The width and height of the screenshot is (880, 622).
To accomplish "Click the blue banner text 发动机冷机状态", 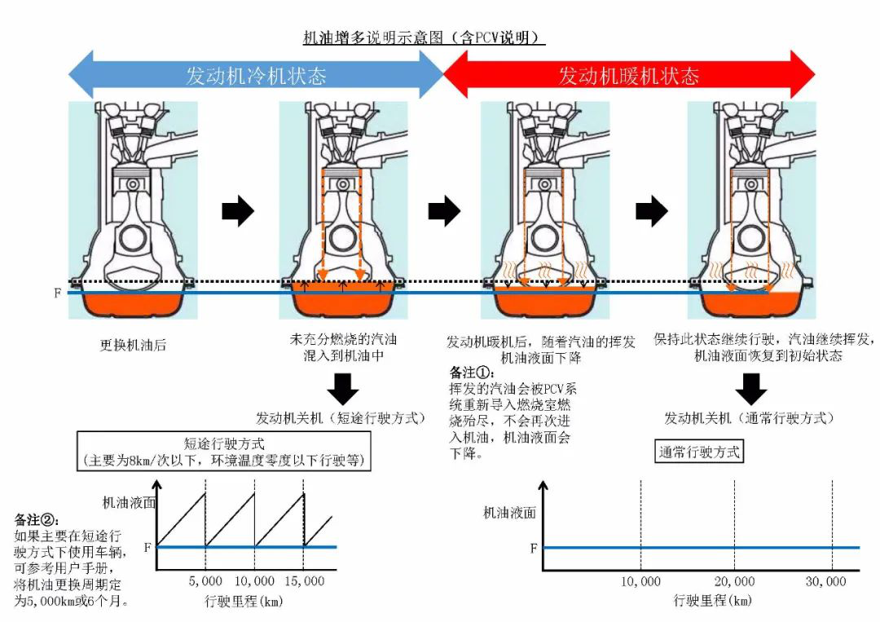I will coord(256,76).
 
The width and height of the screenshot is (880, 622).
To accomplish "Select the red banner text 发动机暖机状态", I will coord(628,76).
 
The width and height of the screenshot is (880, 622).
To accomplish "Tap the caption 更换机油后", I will coord(133,345).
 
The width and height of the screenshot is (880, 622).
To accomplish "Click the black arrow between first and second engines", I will coord(238,212).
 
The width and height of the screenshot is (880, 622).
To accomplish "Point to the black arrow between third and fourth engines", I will coord(651,212).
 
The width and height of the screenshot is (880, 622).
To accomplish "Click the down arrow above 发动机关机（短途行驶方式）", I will coord(342,389).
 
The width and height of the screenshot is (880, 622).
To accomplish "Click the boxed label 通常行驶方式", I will coord(699,451).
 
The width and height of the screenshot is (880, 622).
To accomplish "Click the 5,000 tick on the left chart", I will coord(205,581).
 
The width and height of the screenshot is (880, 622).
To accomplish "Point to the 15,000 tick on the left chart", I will coord(302,581).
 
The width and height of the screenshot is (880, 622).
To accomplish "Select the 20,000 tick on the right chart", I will coord(734,581).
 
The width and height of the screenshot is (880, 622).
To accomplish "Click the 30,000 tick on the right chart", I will coord(825,581).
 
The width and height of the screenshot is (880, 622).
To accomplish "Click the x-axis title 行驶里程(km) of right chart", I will coord(712,601).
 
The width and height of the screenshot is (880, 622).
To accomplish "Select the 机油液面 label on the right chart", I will coord(509,513).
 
